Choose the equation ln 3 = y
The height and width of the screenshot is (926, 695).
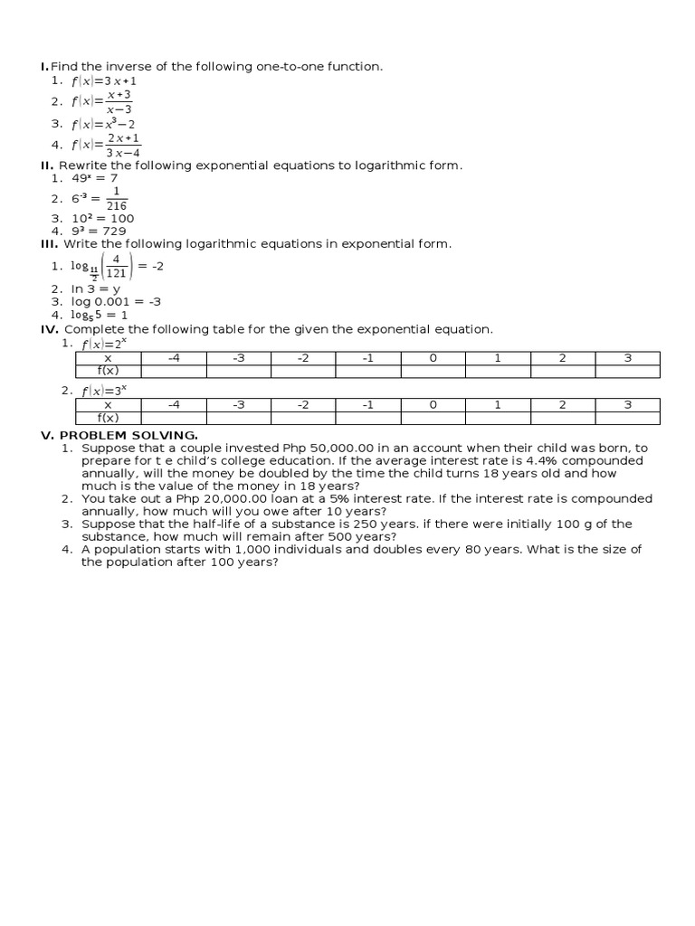96,289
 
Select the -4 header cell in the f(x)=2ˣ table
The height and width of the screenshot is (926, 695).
174,358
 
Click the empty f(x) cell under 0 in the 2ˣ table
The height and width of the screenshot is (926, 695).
433,371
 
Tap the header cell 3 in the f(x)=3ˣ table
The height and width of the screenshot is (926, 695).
627,405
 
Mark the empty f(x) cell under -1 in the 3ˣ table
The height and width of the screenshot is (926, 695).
368,418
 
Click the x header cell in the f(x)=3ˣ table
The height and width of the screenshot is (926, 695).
108,405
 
